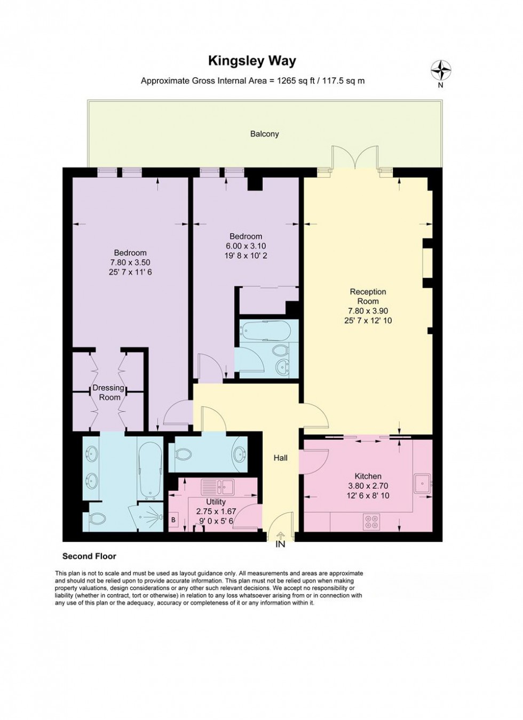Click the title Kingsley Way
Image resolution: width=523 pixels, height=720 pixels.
coord(252,61)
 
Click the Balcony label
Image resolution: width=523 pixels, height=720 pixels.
coord(265,134)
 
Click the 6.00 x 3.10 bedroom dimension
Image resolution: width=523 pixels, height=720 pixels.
coord(245,246)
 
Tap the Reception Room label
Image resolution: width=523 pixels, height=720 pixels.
coord(368,297)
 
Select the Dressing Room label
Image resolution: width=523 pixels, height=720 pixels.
coord(108,393)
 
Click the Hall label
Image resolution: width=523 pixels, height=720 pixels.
coord(280,458)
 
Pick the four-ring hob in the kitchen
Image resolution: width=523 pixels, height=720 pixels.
coord(370,521)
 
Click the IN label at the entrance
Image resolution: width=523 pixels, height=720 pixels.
coord(280,544)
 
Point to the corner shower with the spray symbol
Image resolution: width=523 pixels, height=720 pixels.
coord(151,517)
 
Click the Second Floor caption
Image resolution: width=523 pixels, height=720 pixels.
coord(89,556)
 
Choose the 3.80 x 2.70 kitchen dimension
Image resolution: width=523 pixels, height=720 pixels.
coord(368,486)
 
